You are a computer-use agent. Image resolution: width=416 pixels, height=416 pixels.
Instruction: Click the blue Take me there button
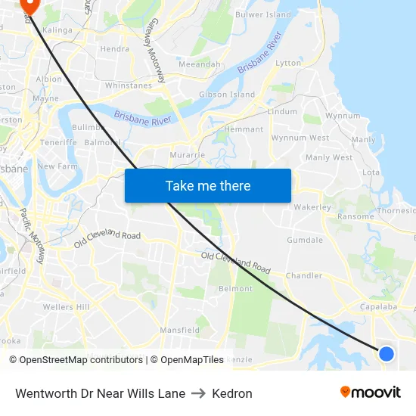tap(208, 185)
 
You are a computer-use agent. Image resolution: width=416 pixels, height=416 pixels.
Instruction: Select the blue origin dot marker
tap(386, 353)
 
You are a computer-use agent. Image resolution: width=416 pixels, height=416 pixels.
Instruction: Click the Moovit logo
tap(371, 392)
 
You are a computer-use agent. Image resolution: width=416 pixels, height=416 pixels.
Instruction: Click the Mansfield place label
tap(180, 331)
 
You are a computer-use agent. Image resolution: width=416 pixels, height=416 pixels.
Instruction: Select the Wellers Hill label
tap(67, 307)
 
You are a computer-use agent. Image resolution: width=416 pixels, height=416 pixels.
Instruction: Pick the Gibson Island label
tap(227, 95)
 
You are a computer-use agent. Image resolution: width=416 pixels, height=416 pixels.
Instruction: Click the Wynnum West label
tap(300, 138)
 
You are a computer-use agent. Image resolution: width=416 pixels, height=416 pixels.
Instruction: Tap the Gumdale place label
tap(305, 240)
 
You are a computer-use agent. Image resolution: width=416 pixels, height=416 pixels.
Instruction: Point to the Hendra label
tap(115, 49)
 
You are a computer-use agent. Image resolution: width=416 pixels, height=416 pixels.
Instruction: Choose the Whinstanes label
tap(129, 85)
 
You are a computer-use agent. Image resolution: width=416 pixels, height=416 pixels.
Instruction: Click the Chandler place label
tap(303, 276)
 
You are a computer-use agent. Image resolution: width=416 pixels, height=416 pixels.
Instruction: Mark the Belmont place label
tap(235, 289)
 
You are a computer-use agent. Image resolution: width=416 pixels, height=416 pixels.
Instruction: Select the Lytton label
tap(288, 64)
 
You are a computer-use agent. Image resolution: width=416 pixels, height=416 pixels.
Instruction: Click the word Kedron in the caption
tap(232, 393)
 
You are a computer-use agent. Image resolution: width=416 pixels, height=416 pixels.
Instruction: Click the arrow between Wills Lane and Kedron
tap(199, 393)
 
